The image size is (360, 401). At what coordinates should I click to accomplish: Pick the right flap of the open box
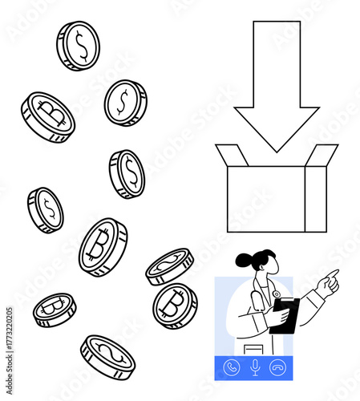click(x=323, y=156)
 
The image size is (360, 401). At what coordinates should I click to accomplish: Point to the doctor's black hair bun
click(x=243, y=260)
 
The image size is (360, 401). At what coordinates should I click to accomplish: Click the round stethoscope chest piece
click(x=277, y=294)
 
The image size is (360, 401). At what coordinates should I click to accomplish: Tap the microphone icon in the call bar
click(x=255, y=367)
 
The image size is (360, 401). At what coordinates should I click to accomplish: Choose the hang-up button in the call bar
click(x=278, y=367)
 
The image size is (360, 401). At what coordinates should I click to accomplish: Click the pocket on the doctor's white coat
click(x=253, y=350)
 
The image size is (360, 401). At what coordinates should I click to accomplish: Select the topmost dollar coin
click(x=79, y=45)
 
